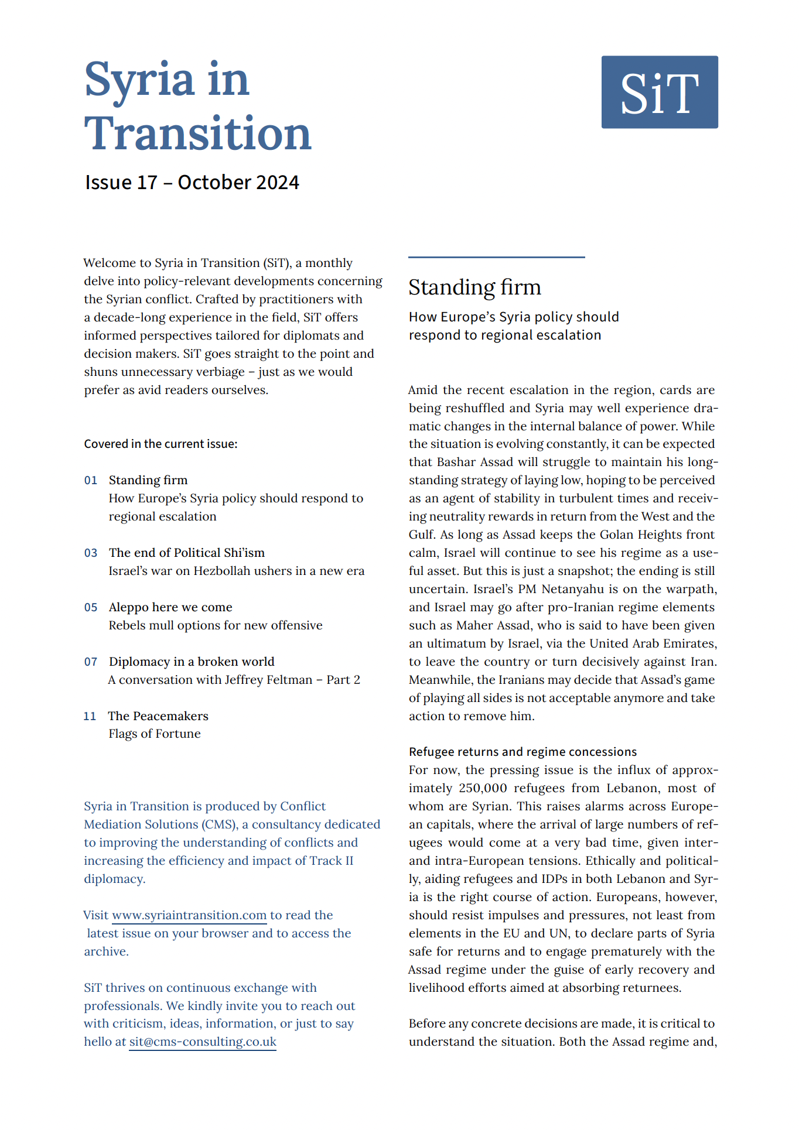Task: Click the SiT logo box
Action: (x=659, y=92)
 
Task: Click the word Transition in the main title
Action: (x=197, y=133)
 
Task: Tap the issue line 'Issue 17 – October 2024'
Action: (x=192, y=182)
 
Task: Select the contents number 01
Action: (x=91, y=481)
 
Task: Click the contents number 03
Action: (x=91, y=553)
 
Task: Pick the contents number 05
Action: (x=91, y=608)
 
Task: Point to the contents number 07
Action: (x=91, y=662)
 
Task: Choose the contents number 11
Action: (x=90, y=717)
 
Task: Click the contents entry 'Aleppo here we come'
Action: (x=170, y=607)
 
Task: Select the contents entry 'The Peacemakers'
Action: (x=158, y=716)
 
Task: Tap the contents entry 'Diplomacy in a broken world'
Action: (x=192, y=662)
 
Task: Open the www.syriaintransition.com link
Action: (x=189, y=915)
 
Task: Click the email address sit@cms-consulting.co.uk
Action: (x=203, y=1042)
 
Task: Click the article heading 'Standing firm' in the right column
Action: (x=474, y=287)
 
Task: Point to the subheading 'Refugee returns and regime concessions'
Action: (x=523, y=752)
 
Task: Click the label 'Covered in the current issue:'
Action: (x=161, y=444)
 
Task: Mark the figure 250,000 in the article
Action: (x=483, y=788)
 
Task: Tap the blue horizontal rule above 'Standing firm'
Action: (x=496, y=257)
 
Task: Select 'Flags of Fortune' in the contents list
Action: (x=155, y=734)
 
